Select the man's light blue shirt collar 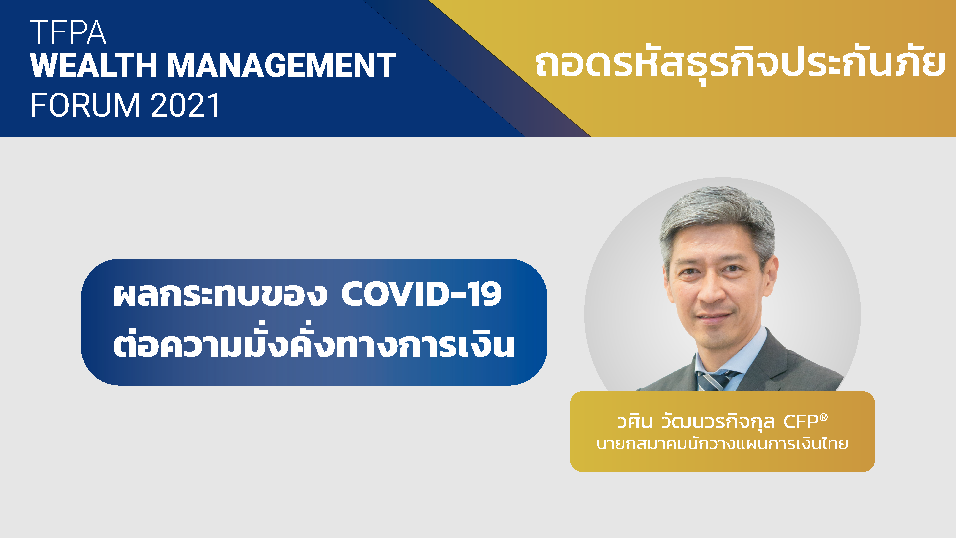click(x=727, y=356)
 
